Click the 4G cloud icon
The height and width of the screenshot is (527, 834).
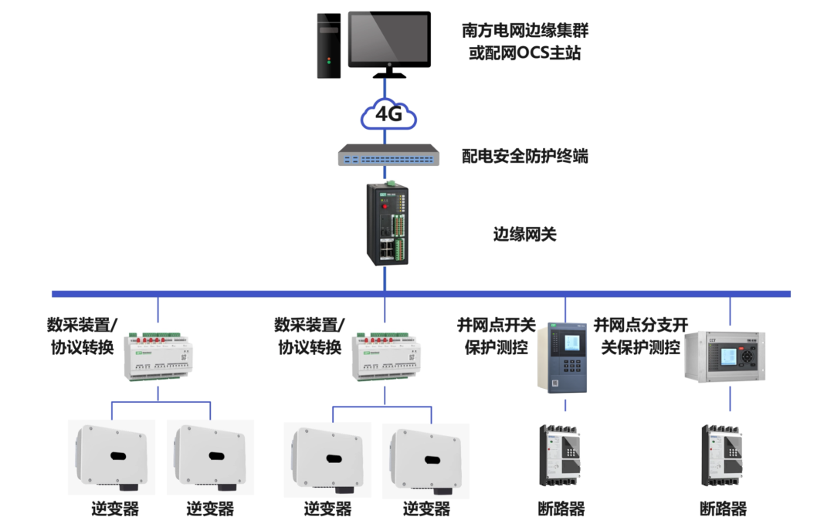388,115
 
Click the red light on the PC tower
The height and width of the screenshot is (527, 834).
330,65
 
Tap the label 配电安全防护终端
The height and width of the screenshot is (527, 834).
525,156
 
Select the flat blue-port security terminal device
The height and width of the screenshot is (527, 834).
388,156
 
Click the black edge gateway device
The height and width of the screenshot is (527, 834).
385,224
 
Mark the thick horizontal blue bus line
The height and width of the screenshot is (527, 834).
232,294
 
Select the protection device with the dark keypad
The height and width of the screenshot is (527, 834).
563,358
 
